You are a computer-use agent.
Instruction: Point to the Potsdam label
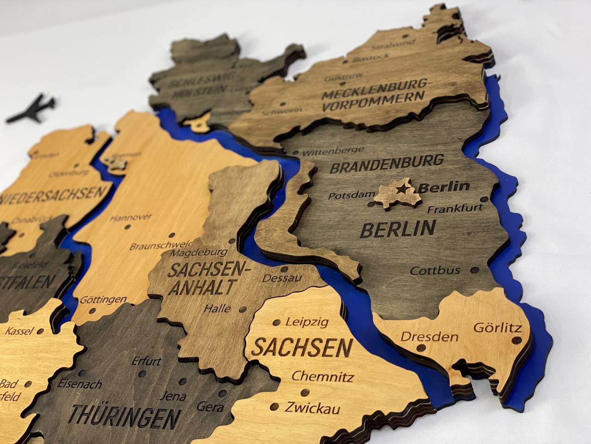tap(349, 196)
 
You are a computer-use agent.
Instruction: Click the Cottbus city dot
tap(475, 269)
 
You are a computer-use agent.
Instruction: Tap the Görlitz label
tap(497, 328)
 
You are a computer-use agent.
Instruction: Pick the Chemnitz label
tap(322, 376)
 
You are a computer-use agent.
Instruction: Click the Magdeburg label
tap(199, 253)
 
